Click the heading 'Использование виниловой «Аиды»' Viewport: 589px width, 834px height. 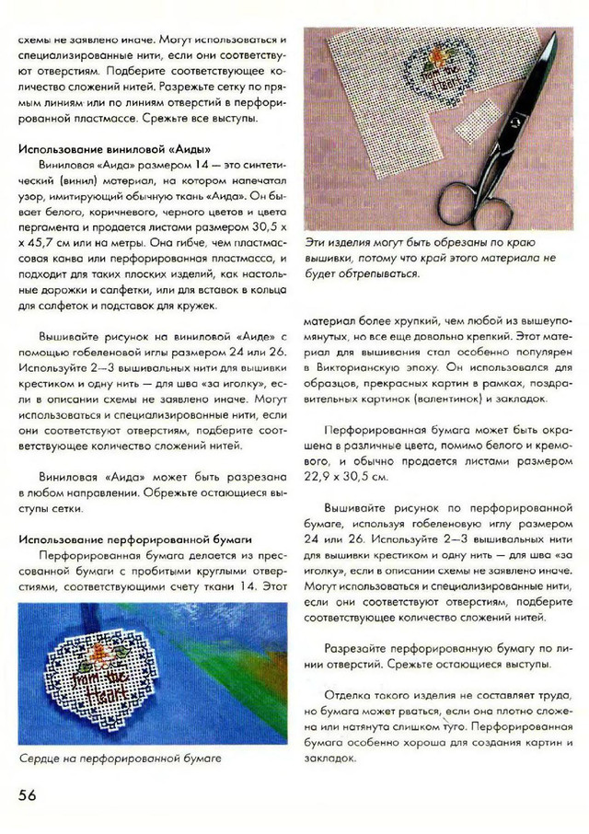pyautogui.click(x=115, y=149)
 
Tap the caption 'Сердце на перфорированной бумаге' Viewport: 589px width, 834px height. pyautogui.click(x=121, y=759)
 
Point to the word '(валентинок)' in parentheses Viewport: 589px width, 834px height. pyautogui.click(x=421, y=399)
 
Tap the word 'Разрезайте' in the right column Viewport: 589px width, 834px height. pyautogui.click(x=357, y=648)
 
